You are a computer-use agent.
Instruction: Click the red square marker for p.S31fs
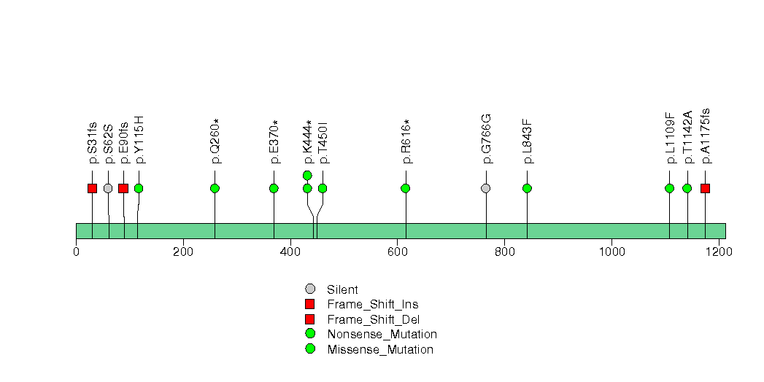point(92,188)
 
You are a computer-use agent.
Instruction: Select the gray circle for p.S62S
point(108,188)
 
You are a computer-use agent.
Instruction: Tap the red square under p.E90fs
point(123,188)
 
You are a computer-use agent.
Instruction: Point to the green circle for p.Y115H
point(139,188)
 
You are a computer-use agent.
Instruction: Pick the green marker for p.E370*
point(274,188)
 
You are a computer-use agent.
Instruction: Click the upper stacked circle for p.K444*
point(307,175)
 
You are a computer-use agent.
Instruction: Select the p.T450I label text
point(323,142)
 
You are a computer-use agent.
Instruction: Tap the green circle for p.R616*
point(406,188)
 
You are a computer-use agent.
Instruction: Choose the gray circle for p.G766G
point(486,188)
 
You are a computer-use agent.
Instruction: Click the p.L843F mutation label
point(527,141)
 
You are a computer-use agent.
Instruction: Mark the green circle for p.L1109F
point(669,188)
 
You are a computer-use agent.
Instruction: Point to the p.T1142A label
point(687,137)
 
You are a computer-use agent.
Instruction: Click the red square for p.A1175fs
point(705,188)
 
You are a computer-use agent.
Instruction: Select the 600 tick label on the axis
point(398,252)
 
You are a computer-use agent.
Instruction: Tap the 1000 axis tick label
point(612,252)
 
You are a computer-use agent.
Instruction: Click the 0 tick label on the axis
point(77,252)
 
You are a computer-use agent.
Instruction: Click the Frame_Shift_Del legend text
point(373,320)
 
